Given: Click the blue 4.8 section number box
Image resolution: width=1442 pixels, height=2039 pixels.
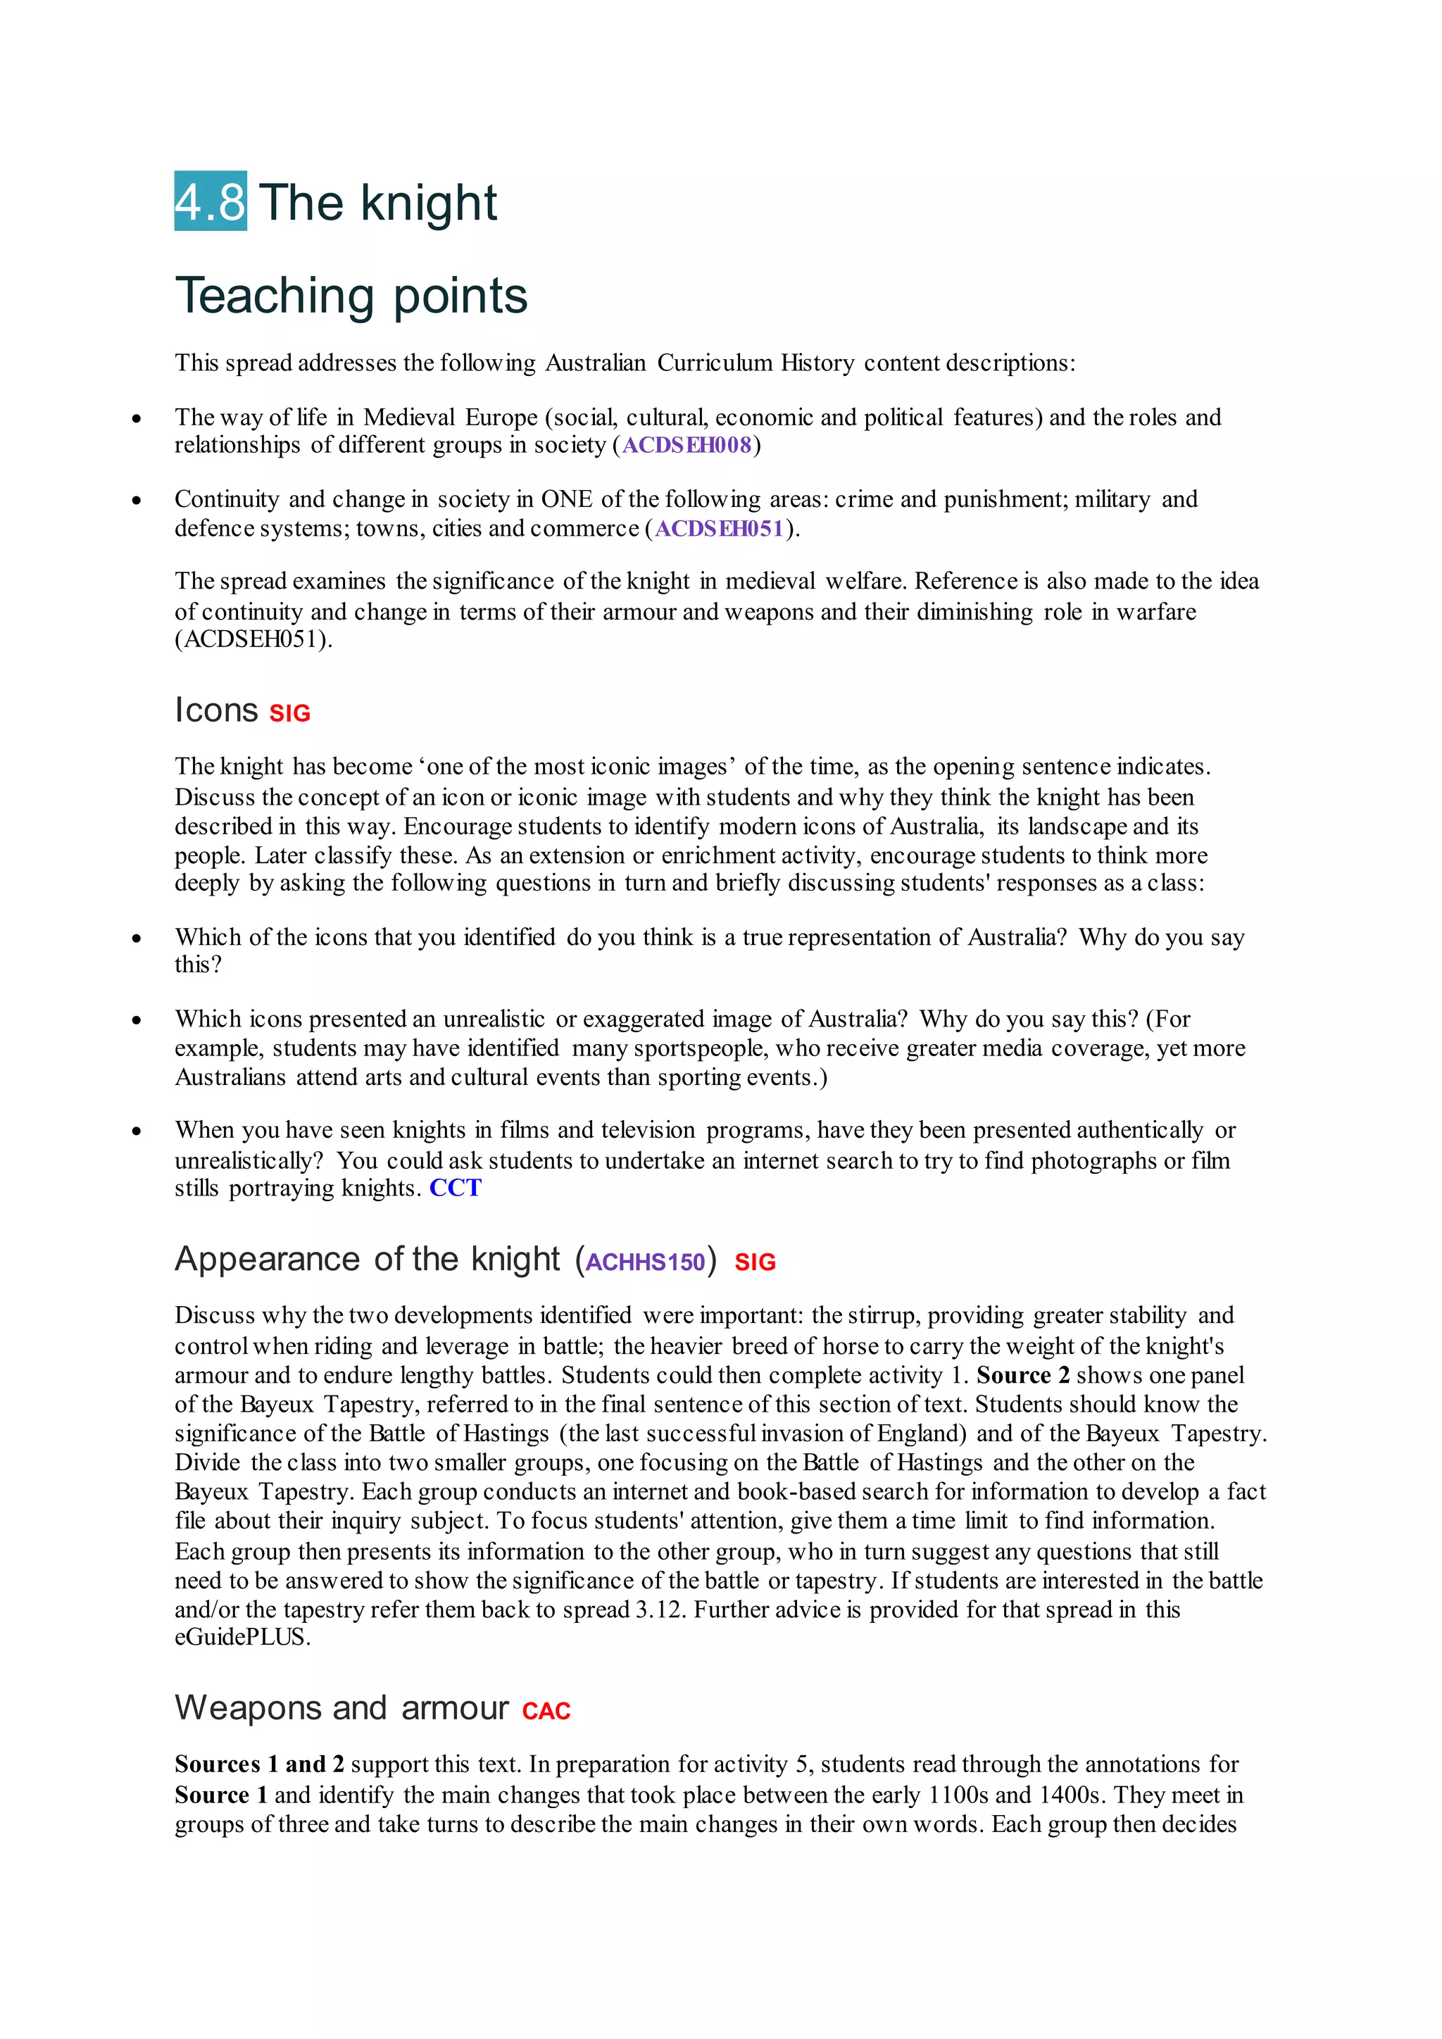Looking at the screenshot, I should point(211,201).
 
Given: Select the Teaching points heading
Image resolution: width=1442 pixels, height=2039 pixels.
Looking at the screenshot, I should point(351,296).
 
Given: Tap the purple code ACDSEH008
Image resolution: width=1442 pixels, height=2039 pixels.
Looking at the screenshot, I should point(686,445).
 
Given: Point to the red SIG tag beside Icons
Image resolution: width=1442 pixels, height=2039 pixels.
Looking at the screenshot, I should point(289,714).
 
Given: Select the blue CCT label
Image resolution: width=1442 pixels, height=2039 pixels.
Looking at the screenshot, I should point(455,1188).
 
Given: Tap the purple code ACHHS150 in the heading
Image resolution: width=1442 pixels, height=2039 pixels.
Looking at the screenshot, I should point(646,1262).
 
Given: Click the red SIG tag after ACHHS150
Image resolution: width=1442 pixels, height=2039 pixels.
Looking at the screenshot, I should point(755,1262).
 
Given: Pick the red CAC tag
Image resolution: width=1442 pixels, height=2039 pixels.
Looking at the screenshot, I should point(546,1712).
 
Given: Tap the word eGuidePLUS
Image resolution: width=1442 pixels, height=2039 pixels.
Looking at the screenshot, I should point(242,1638).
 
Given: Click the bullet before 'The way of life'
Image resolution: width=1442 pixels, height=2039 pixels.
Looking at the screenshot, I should point(136,418).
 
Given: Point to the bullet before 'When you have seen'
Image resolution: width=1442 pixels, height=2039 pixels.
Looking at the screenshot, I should point(136,1131).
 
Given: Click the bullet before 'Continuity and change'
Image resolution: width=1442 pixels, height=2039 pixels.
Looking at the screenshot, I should point(136,500).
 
